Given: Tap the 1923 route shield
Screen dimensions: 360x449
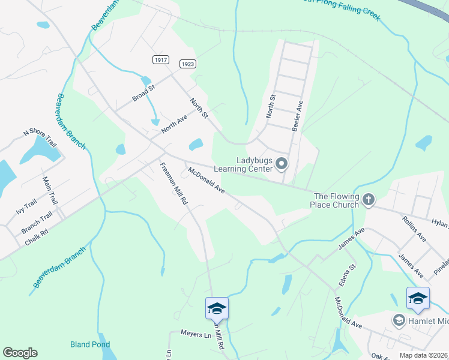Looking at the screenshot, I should [187, 64].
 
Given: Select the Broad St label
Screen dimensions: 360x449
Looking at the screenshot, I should [144, 93].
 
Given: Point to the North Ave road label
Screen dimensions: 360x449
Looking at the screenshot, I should [174, 124].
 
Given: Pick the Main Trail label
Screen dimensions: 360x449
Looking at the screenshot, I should [49, 189].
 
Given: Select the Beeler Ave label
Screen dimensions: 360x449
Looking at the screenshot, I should [298, 112].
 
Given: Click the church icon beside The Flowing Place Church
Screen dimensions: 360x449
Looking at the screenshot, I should [369, 200].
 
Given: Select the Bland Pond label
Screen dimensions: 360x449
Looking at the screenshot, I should [90, 344].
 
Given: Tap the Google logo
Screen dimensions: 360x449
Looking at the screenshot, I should [20, 353].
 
